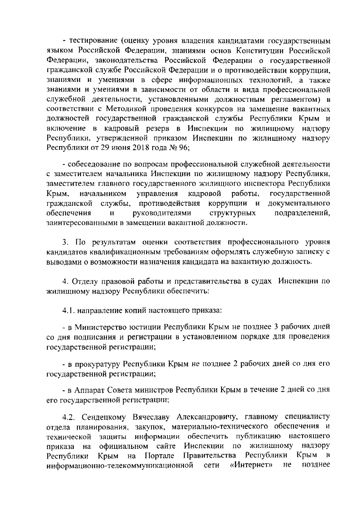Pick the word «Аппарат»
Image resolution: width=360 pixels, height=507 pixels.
point(88,390)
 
